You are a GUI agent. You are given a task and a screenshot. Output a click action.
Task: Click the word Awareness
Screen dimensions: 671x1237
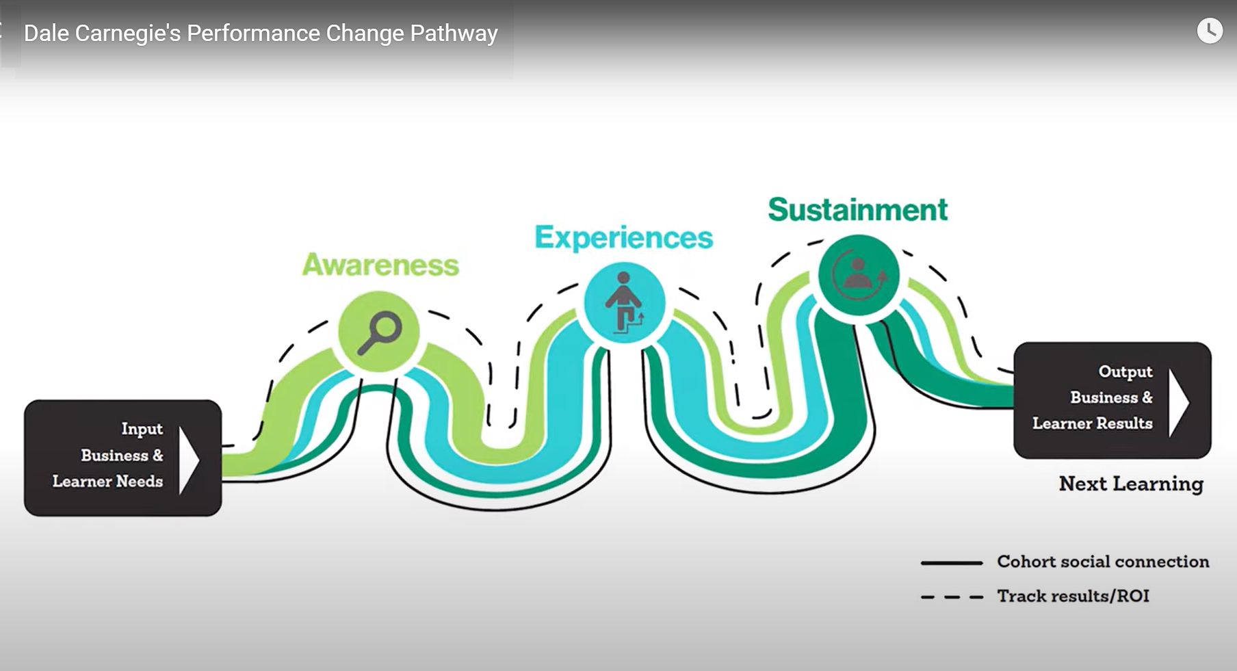(380, 265)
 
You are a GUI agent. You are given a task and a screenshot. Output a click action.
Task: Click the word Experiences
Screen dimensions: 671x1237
(623, 237)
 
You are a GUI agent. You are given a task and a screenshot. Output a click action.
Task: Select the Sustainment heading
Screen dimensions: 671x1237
(857, 209)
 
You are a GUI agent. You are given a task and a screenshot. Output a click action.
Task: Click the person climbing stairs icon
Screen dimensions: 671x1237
(624, 302)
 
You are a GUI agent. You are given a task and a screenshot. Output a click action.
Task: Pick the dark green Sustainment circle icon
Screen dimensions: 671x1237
(859, 275)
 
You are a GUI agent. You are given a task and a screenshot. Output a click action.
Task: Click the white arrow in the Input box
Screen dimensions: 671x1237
(188, 460)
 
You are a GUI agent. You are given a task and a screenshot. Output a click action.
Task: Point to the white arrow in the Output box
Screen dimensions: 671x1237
(1178, 402)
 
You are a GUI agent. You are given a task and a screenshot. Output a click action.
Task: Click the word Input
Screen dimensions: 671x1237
(142, 429)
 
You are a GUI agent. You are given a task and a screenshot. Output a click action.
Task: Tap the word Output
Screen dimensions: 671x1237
(1125, 371)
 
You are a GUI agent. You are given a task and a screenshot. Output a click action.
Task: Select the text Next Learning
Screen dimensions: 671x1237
(1130, 484)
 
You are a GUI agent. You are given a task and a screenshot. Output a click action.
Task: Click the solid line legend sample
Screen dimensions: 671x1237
(951, 563)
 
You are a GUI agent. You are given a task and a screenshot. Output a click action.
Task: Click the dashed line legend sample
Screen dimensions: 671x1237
(951, 597)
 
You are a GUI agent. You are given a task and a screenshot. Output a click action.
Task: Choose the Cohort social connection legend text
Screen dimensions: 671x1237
(1102, 562)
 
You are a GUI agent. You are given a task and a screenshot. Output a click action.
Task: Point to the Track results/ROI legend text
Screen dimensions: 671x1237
(1072, 596)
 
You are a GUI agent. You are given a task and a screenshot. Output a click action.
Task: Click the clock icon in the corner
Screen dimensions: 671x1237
(1209, 31)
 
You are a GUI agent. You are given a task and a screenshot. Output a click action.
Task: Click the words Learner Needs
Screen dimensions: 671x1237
(107, 482)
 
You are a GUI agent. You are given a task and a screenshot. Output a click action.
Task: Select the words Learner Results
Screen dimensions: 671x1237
(1092, 423)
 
